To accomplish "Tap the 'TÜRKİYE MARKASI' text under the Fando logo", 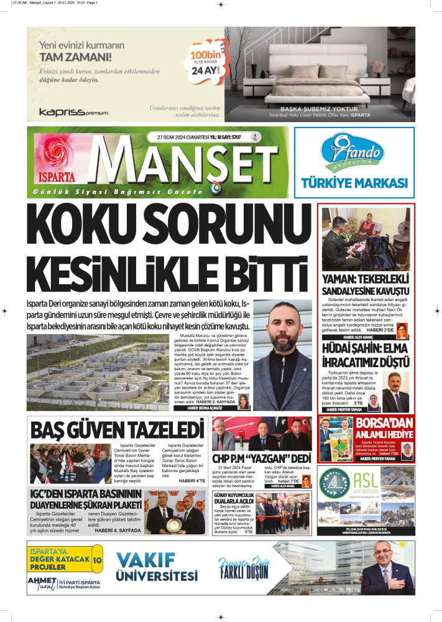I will tap(354, 183).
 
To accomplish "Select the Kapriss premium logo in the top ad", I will tap(73, 113).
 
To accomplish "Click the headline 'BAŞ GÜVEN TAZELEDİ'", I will tap(117, 430).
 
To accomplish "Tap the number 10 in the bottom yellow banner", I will tap(97, 560).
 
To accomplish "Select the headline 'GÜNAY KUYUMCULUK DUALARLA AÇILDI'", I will tap(233, 498).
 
